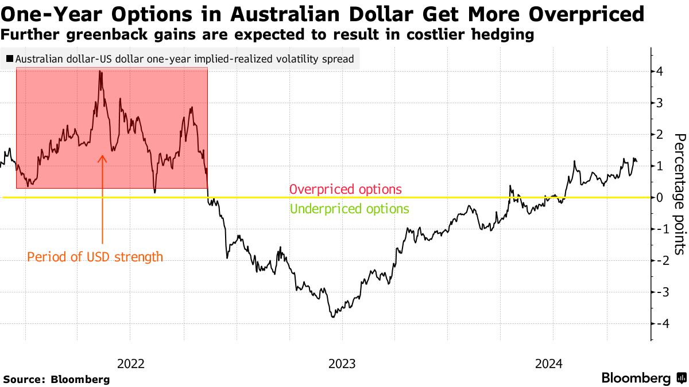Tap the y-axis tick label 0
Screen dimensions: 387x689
pyautogui.click(x=660, y=197)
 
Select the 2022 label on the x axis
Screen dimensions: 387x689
pyautogui.click(x=130, y=363)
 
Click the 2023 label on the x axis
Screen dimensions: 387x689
pyautogui.click(x=342, y=363)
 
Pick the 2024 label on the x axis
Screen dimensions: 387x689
pyautogui.click(x=550, y=363)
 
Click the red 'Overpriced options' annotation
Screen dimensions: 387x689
pyautogui.click(x=346, y=189)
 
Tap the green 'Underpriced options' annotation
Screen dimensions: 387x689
pyautogui.click(x=350, y=209)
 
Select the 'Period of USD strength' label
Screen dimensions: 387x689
pyautogui.click(x=95, y=257)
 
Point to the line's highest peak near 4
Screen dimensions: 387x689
pyautogui.click(x=100, y=72)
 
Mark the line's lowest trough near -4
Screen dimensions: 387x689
pyautogui.click(x=333, y=316)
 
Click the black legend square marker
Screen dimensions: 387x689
pyautogui.click(x=9, y=58)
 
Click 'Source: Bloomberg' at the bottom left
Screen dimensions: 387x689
pyautogui.click(x=56, y=379)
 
